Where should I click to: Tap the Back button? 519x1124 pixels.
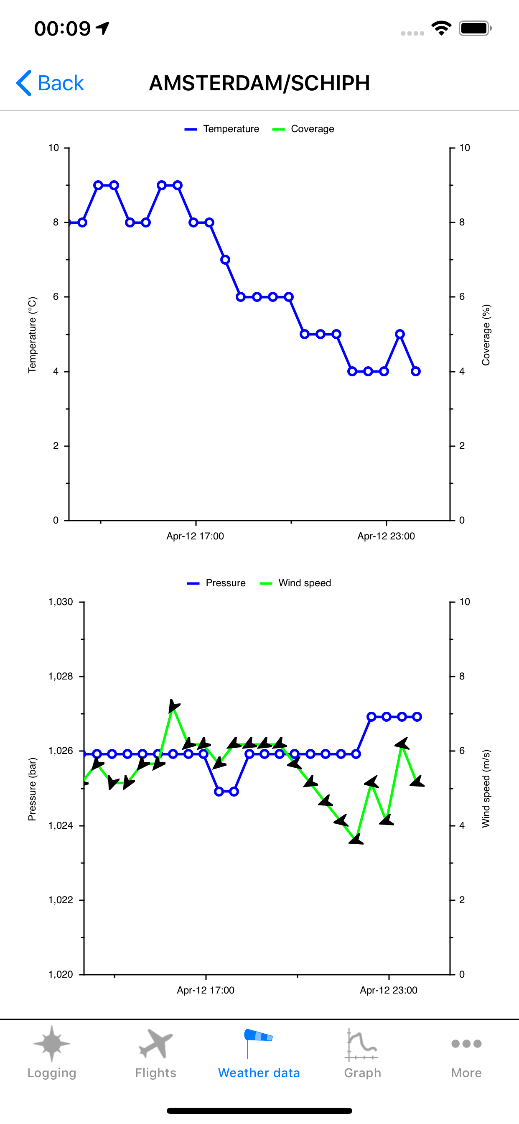pyautogui.click(x=50, y=83)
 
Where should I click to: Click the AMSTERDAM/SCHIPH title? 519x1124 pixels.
pyautogui.click(x=259, y=83)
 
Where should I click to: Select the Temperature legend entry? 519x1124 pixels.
pyautogui.click(x=222, y=129)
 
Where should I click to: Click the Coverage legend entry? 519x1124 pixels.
pyautogui.click(x=303, y=129)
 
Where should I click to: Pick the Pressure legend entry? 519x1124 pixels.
pyautogui.click(x=217, y=583)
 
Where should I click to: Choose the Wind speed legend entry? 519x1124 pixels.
pyautogui.click(x=296, y=583)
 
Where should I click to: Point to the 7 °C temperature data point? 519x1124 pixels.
pyautogui.click(x=225, y=260)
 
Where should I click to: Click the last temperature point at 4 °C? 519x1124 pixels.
pyautogui.click(x=416, y=371)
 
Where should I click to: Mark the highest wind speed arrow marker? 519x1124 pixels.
pyautogui.click(x=173, y=705)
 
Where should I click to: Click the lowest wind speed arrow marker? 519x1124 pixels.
pyautogui.click(x=356, y=839)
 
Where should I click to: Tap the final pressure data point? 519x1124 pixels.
pyautogui.click(x=417, y=716)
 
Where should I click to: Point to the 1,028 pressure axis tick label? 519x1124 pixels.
pyautogui.click(x=61, y=676)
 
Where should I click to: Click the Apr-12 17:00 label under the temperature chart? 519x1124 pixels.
pyautogui.click(x=195, y=536)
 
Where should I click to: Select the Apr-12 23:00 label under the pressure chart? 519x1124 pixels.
pyautogui.click(x=388, y=990)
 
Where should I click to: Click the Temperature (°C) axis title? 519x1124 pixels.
pyautogui.click(x=32, y=335)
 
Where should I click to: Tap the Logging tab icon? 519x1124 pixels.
pyautogui.click(x=52, y=1044)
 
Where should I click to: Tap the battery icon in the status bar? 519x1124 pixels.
pyautogui.click(x=475, y=28)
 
